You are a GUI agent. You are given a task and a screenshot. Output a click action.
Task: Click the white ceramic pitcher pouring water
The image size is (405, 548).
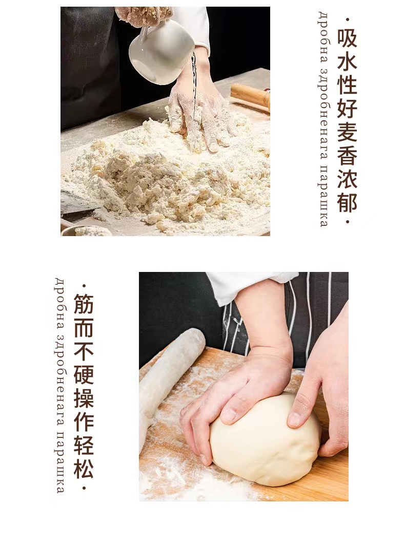(x=160, y=51)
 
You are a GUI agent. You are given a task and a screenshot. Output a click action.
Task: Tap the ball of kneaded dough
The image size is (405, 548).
(x=265, y=438)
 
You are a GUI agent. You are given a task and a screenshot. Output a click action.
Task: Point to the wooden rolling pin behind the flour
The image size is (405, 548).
(x=250, y=97)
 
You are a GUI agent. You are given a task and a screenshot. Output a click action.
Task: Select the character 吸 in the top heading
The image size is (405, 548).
(x=347, y=38)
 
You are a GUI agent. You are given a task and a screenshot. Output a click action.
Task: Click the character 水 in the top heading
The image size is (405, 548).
(x=347, y=61)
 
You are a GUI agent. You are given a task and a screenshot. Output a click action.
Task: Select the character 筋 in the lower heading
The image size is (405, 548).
(x=84, y=303)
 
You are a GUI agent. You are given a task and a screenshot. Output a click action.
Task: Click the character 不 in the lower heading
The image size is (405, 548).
(x=84, y=350)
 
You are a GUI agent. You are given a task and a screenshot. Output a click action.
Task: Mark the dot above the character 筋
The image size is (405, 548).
(x=84, y=286)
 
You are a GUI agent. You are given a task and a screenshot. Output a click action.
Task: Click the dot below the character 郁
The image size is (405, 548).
(x=347, y=222)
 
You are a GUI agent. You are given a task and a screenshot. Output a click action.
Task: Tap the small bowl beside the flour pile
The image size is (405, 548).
(x=84, y=230)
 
